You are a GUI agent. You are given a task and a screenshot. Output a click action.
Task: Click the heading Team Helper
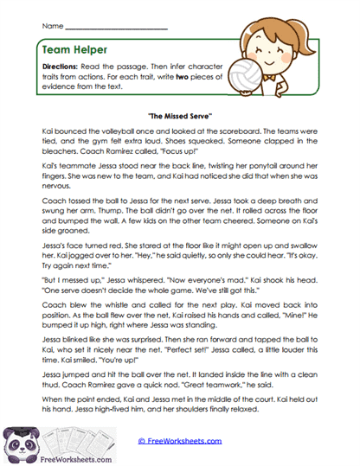[x=70, y=51]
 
